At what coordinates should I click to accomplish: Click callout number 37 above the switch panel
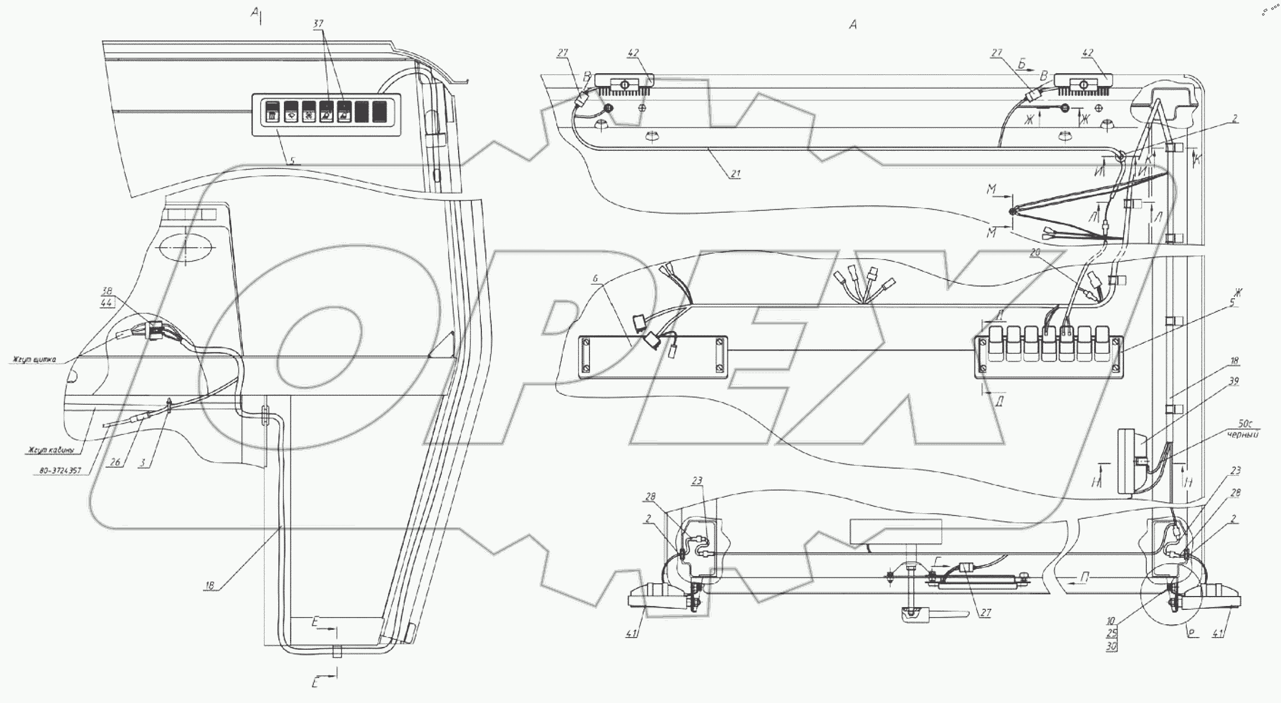pos(317,24)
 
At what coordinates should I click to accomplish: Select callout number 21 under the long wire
pos(735,174)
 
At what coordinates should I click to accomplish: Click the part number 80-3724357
pos(60,471)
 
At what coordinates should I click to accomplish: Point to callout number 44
pos(106,303)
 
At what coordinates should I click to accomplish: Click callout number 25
pos(1111,633)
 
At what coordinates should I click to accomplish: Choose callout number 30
pos(1111,646)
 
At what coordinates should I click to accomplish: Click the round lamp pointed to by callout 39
pos(1129,461)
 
